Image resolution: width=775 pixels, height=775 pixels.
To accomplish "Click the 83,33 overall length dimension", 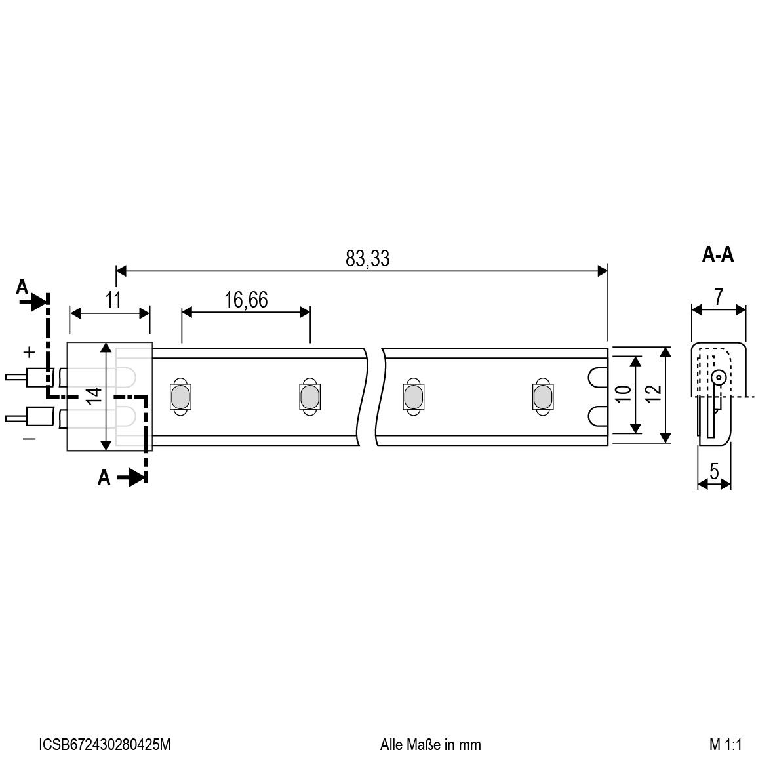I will click(x=367, y=258).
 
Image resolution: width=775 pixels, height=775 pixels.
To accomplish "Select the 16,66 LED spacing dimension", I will click(x=246, y=300).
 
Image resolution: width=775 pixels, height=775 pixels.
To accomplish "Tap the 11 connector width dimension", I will click(x=113, y=300).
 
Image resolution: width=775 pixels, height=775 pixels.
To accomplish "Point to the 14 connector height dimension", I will click(x=94, y=395).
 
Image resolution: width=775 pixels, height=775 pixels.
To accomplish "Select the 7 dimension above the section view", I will click(x=719, y=296).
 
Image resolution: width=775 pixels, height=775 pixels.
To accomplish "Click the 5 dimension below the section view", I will click(x=714, y=470).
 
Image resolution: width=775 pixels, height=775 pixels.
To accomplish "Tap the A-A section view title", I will click(x=718, y=254).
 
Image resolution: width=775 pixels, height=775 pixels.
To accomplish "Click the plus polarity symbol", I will click(x=29, y=352).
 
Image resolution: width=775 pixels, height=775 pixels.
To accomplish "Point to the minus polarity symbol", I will click(x=30, y=438).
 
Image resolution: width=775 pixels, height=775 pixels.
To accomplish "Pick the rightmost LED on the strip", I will click(x=541, y=397).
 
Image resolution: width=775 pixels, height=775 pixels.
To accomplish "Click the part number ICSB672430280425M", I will click(x=105, y=744).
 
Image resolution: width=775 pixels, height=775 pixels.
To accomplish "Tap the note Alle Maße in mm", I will click(x=430, y=744).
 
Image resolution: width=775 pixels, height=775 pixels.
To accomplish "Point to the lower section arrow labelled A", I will click(x=125, y=478).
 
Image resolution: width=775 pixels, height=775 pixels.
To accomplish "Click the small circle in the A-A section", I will click(x=719, y=377).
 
